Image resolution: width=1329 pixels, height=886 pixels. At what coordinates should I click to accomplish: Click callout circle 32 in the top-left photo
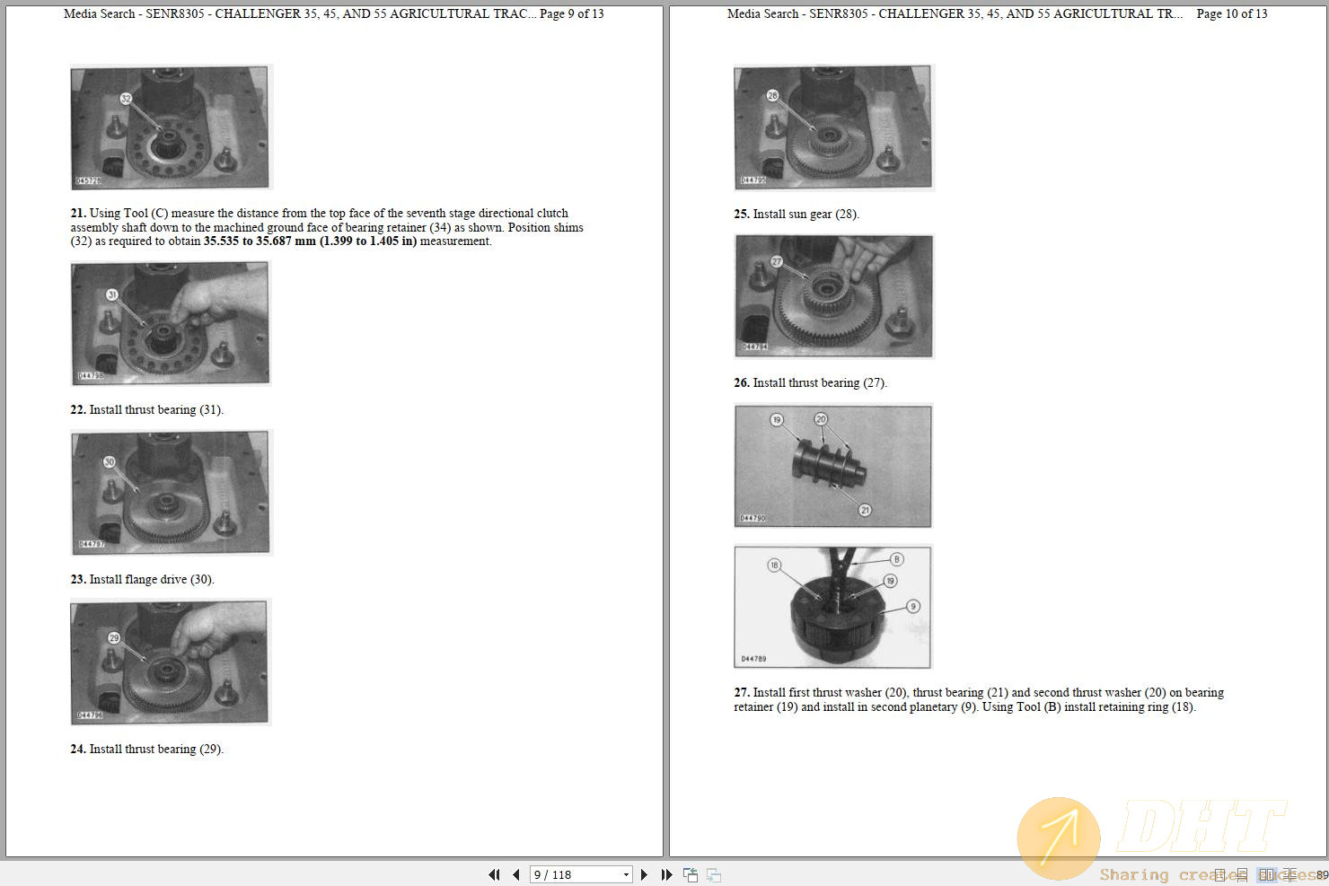[x=126, y=98]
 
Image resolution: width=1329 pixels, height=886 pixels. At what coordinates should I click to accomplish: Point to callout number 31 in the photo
[x=112, y=294]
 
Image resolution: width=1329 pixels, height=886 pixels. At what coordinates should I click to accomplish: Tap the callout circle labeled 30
[x=110, y=462]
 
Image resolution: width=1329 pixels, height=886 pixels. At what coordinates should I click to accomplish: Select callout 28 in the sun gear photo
[x=772, y=95]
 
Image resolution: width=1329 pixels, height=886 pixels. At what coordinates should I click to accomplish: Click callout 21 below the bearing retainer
[x=865, y=510]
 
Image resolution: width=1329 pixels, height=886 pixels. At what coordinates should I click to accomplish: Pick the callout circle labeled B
[x=896, y=559]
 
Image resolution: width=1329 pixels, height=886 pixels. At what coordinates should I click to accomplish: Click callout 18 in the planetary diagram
[x=774, y=565]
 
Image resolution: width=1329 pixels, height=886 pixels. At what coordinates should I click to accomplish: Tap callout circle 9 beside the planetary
[x=913, y=606]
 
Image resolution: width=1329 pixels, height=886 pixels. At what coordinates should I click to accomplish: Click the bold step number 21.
[x=78, y=214]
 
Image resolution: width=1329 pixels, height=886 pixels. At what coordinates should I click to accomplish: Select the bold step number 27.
[x=741, y=693]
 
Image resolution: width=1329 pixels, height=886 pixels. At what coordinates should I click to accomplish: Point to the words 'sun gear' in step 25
[x=808, y=215]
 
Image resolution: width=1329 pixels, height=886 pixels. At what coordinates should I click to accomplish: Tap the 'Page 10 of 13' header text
[x=1231, y=13]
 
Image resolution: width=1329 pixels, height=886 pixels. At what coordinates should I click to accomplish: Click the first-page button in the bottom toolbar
[x=494, y=874]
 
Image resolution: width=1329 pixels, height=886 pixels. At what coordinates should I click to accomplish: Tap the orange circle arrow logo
[x=1059, y=838]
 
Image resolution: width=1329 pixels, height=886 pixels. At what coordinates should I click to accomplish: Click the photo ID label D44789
[x=753, y=659]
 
